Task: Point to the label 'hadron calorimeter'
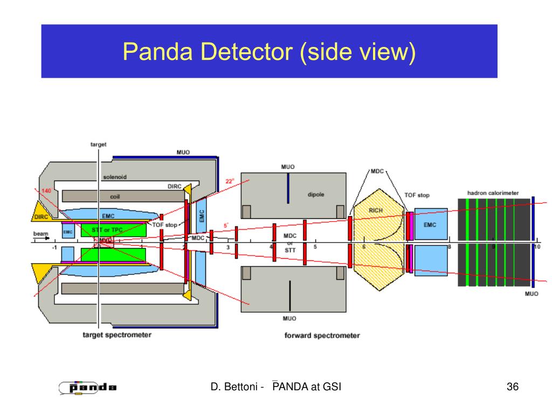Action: coord(493,193)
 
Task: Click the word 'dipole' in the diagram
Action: coord(316,195)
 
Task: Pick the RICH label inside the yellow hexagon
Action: coord(375,210)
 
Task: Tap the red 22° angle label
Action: coord(229,182)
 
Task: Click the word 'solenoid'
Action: coord(115,177)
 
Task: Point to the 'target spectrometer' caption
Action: coord(116,335)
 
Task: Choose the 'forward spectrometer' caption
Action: coord(322,335)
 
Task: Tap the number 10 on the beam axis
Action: coord(536,247)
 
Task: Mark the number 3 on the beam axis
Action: coord(227,247)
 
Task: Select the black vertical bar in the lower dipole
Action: coord(289,296)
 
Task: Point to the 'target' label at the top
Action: coord(98,144)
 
